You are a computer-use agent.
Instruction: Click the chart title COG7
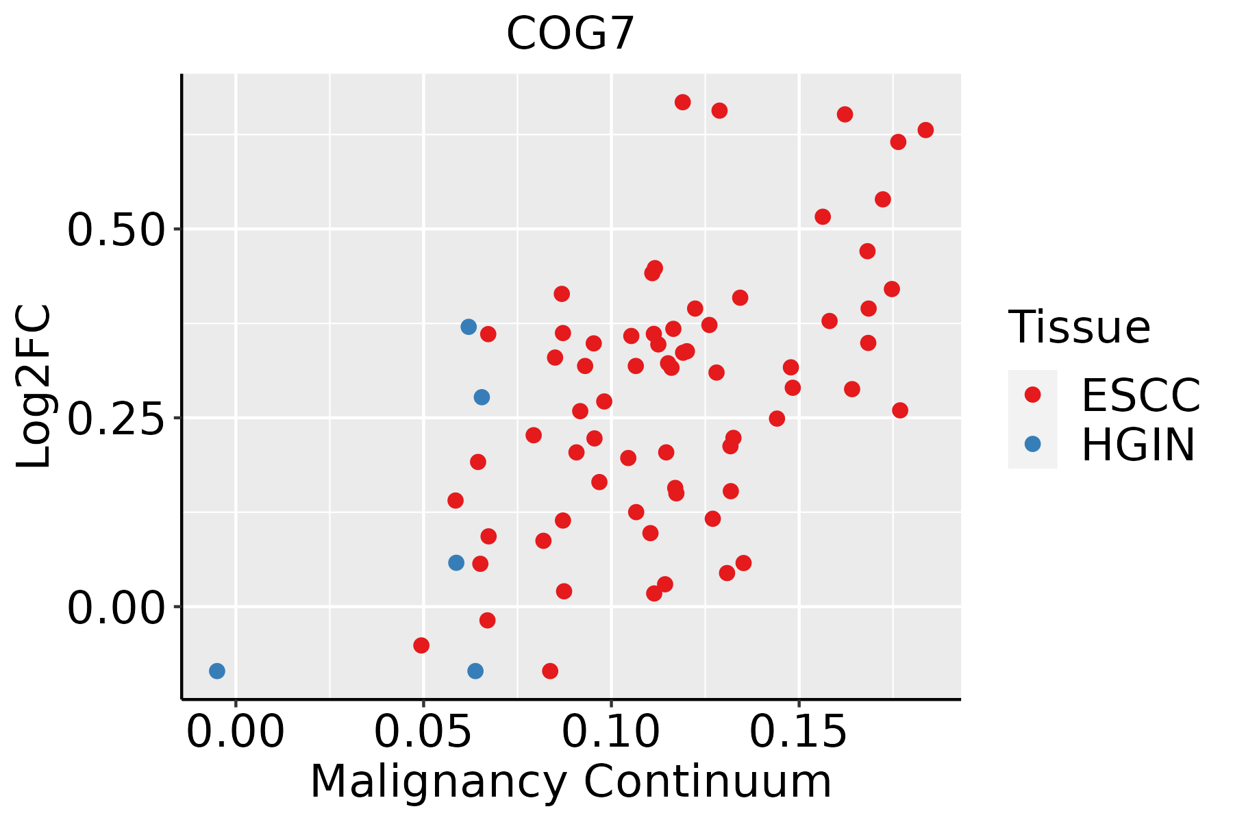point(571,34)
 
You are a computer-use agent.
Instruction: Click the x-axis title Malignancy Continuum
point(571,782)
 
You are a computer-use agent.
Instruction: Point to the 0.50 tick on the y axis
point(116,229)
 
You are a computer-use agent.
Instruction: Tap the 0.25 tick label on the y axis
point(116,418)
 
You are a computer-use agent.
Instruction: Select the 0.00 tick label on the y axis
point(116,607)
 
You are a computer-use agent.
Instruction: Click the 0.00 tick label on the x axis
point(236,732)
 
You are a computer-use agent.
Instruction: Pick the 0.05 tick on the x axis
point(423,732)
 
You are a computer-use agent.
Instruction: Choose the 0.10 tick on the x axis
point(612,732)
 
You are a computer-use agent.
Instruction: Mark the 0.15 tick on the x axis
point(799,732)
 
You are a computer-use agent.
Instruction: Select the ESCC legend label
point(1141,395)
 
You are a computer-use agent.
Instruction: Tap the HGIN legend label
point(1138,444)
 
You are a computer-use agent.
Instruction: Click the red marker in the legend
point(1032,395)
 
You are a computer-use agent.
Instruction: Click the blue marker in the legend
point(1032,444)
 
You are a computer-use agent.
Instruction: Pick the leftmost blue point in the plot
point(217,671)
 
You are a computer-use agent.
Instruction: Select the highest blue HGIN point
point(469,327)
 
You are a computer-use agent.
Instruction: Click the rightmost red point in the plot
point(925,130)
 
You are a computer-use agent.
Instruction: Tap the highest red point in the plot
point(682,102)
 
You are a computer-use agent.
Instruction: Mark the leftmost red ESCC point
point(421,645)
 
